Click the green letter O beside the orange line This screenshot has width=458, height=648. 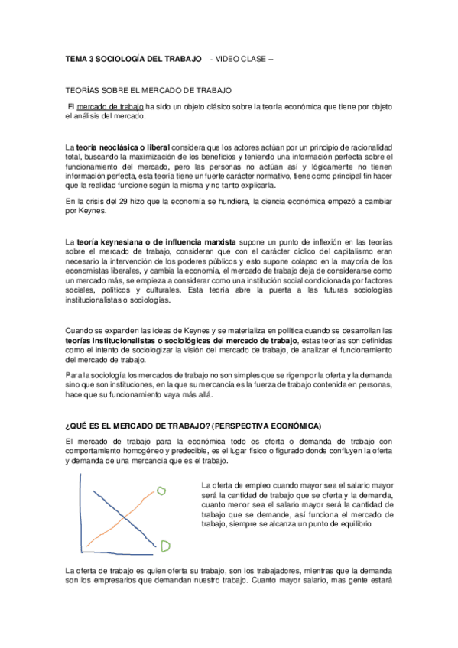coord(161,491)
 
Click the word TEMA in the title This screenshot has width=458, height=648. coord(77,59)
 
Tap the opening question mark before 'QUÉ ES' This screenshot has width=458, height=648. coord(68,425)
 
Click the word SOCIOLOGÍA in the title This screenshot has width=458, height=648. coord(128,59)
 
